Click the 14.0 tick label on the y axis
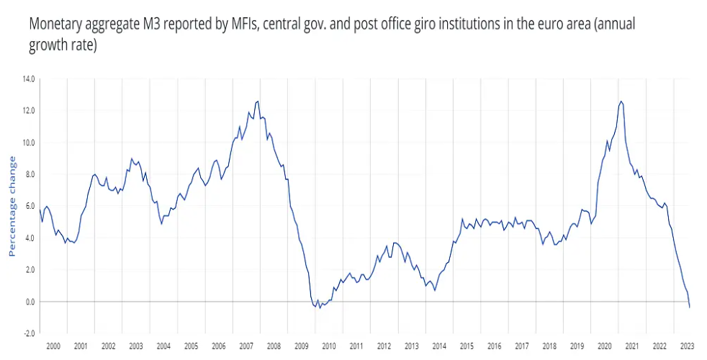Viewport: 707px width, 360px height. pos(30,78)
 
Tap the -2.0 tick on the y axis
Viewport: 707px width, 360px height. pos(30,333)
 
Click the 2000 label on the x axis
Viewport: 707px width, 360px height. pos(53,346)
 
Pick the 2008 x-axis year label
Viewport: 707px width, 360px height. pos(274,346)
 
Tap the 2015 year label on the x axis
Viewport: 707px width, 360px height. pos(467,346)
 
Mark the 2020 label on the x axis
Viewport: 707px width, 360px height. pos(604,346)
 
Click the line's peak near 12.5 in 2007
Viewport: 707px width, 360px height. pos(258,102)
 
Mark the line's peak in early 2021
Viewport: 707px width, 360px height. pos(621,102)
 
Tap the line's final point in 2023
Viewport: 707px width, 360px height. pos(690,307)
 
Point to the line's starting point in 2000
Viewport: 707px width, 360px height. pos(40,210)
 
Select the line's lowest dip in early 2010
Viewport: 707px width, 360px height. pos(320,308)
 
